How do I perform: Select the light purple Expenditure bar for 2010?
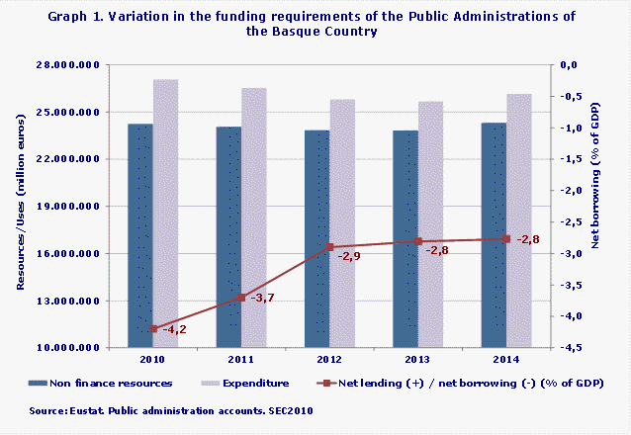click(165, 213)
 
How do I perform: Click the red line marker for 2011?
click(241, 297)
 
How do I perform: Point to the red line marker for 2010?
click(153, 328)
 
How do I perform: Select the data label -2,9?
click(349, 257)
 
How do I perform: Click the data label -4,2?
click(174, 330)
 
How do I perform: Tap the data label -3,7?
click(262, 299)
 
